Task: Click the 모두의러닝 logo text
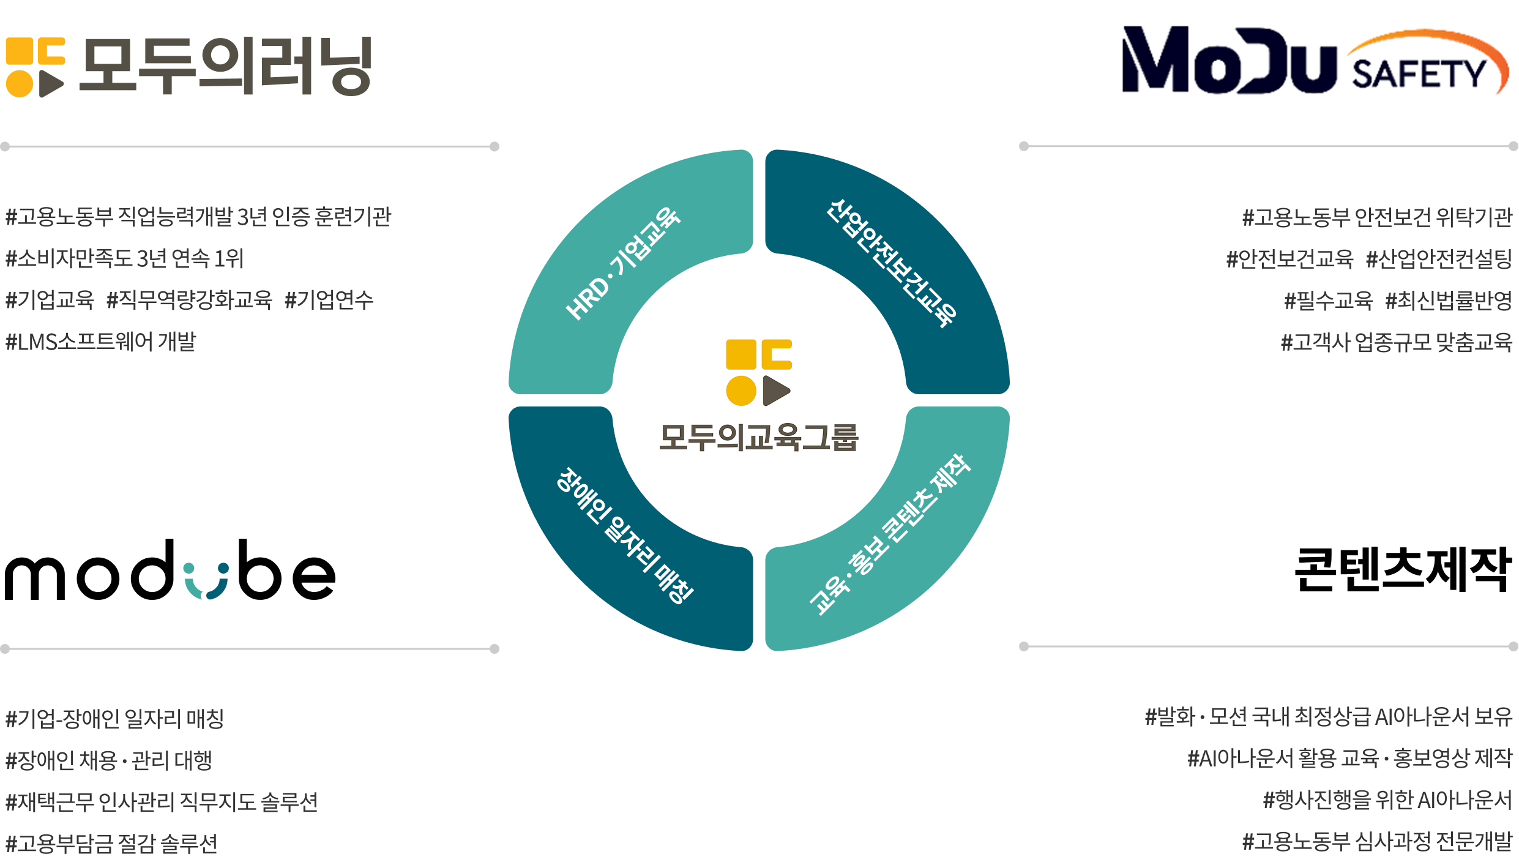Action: point(225,66)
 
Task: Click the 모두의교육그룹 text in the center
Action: point(759,437)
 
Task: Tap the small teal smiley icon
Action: point(206,581)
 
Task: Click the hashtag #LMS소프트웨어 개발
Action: point(101,342)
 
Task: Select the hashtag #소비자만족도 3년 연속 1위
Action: point(124,258)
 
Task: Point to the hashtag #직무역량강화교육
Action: point(189,300)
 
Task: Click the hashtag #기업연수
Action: point(329,300)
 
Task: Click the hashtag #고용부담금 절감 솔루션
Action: point(111,844)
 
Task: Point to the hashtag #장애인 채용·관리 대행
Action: point(109,760)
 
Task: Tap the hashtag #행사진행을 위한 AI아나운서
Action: point(1387,799)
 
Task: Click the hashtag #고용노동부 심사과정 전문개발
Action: point(1377,842)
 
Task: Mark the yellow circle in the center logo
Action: point(741,391)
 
